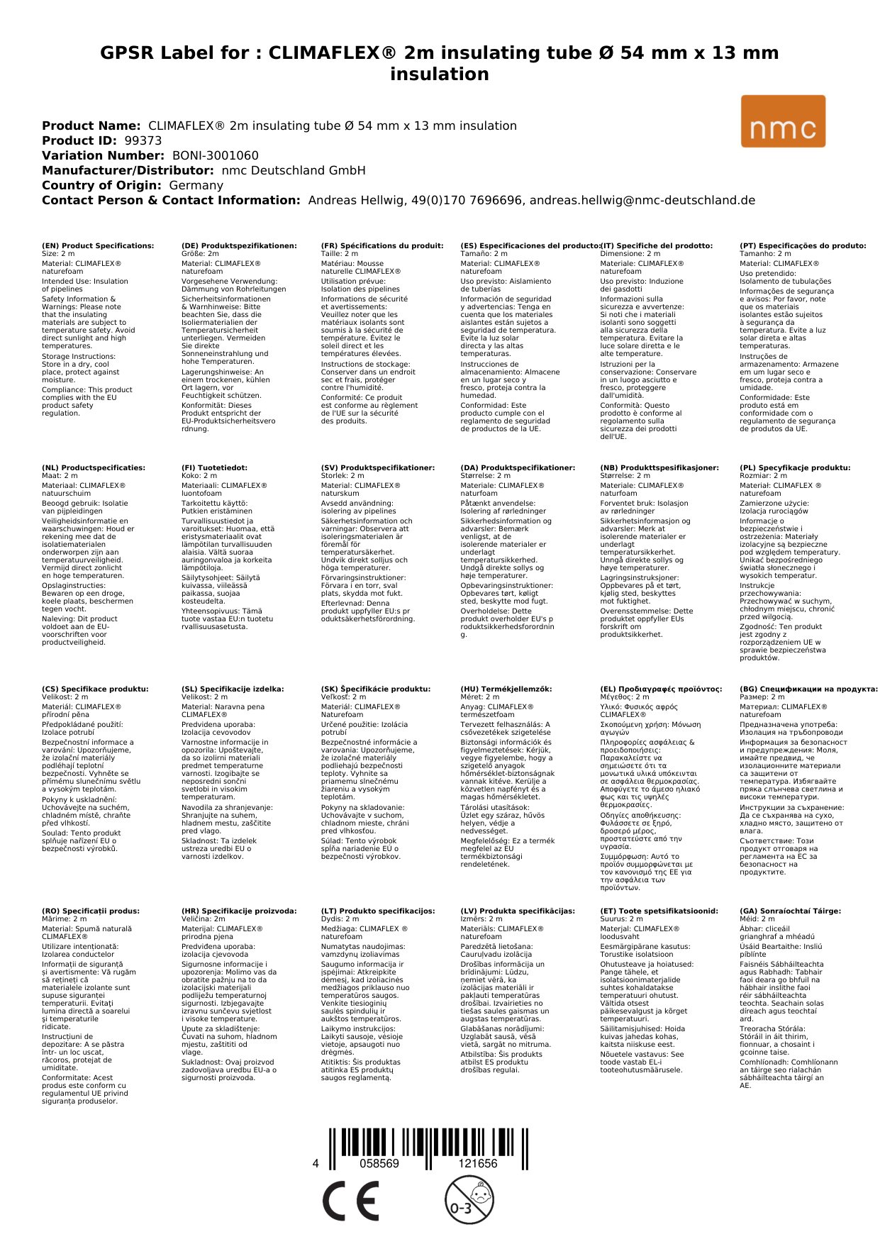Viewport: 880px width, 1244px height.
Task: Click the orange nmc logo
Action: coord(783,121)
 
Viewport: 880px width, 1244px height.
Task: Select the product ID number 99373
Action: coord(143,140)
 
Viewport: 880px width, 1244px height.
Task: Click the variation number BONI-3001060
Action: coord(215,155)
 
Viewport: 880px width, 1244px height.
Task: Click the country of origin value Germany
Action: coord(196,185)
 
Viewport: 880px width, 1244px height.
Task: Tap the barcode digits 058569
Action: coord(379,1163)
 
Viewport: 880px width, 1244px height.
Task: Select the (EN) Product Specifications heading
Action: coord(98,246)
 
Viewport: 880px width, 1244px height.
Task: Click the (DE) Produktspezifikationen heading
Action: coord(239,246)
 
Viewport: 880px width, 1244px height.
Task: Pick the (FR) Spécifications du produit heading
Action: coord(382,246)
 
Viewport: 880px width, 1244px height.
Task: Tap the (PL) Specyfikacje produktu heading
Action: coord(795,468)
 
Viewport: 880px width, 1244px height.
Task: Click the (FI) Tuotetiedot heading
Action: coord(214,468)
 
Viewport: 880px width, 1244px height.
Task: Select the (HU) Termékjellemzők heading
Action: coord(506,689)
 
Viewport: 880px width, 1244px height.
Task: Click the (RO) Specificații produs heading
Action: coord(91,911)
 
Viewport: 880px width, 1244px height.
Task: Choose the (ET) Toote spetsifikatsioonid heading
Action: coord(659,911)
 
